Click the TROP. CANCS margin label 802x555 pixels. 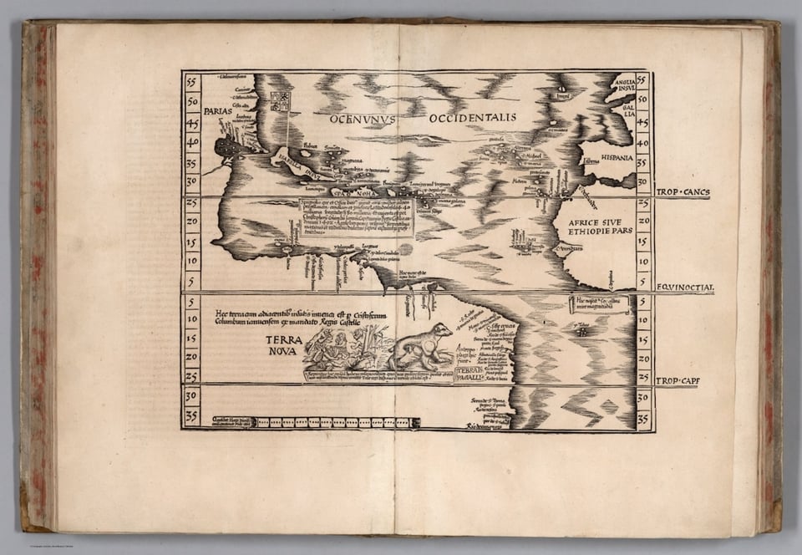(x=683, y=192)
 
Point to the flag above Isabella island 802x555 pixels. (x=280, y=101)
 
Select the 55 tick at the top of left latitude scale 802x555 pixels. (x=191, y=82)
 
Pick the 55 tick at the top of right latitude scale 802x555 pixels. (x=643, y=80)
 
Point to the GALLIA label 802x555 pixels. (x=627, y=107)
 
